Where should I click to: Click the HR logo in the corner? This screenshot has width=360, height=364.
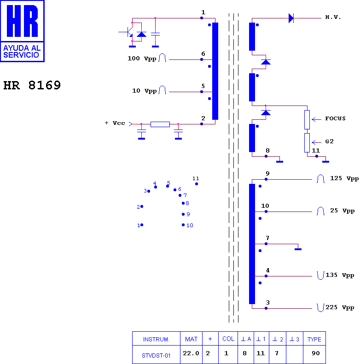(22, 30)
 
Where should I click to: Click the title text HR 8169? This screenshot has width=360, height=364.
(32, 86)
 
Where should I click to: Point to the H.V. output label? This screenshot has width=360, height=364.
(333, 18)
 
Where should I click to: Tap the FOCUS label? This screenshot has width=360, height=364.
(335, 118)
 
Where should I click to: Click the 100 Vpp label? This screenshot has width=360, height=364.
(142, 59)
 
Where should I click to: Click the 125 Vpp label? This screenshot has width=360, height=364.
(344, 178)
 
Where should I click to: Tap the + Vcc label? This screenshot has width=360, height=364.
(115, 123)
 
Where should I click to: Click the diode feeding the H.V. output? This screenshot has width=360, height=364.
(291, 18)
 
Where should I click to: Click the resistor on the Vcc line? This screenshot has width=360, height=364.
(160, 124)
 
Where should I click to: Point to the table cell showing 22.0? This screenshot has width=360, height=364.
(191, 354)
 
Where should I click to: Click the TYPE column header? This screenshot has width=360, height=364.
(314, 339)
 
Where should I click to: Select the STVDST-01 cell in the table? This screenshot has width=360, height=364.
(156, 355)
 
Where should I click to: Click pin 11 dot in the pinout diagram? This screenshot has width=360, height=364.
(197, 184)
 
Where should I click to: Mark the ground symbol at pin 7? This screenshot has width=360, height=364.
(298, 249)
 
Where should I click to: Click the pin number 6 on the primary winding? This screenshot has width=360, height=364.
(203, 54)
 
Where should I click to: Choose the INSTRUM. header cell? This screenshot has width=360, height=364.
(156, 339)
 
